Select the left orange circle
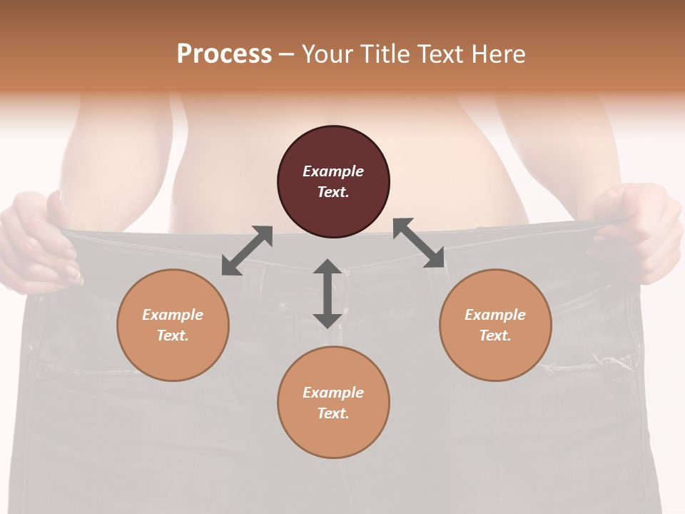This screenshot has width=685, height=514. click(173, 325)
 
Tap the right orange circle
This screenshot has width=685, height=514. click(495, 325)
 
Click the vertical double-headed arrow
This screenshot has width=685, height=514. click(328, 293)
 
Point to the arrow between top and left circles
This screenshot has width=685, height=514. click(247, 251)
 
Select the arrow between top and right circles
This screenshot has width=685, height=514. click(418, 243)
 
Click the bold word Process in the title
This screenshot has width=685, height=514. click(224, 54)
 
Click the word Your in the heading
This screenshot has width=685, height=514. click(328, 54)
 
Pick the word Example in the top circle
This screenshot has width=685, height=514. click(333, 171)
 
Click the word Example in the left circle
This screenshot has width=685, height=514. click(173, 315)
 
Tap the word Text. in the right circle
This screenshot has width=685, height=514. click(495, 336)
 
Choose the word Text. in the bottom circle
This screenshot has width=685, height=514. click(333, 413)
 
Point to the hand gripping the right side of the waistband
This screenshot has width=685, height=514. click(642, 232)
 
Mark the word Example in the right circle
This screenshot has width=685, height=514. click(495, 315)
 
